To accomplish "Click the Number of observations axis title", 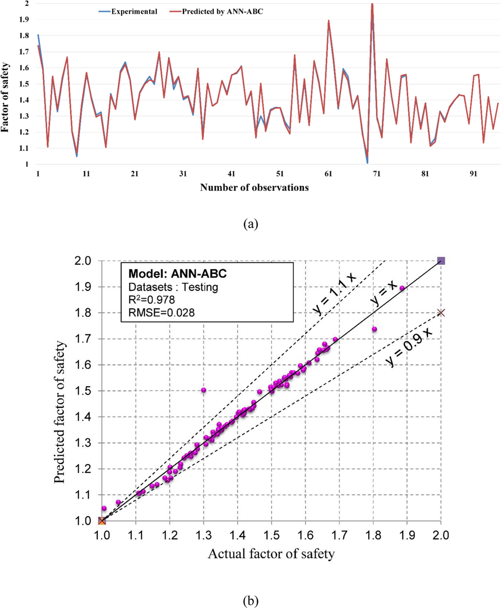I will click(254, 188).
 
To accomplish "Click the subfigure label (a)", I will click(250, 224).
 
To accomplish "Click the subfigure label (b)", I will click(250, 598).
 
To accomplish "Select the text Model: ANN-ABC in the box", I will click(165, 275).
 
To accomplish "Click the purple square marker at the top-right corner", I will click(441, 261).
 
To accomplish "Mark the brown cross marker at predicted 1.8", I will click(441, 313).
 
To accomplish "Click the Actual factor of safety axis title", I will click(271, 553).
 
